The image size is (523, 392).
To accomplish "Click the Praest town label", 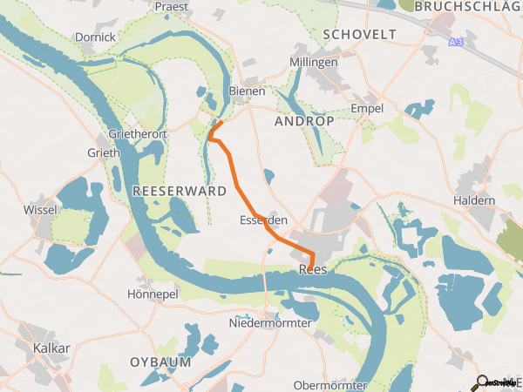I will pyautogui.click(x=172, y=6).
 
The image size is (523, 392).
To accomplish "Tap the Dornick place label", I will pyautogui.click(x=96, y=37).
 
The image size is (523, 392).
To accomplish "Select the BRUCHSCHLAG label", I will pyautogui.click(x=467, y=6).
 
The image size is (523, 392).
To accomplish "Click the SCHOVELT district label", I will pyautogui.click(x=359, y=34).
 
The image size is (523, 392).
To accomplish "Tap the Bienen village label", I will pyautogui.click(x=247, y=91).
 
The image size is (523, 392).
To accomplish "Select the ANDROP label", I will pyautogui.click(x=304, y=122).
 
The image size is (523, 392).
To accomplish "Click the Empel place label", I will pyautogui.click(x=366, y=107).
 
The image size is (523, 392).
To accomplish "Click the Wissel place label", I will pyautogui.click(x=41, y=210).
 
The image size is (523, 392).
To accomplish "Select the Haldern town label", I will pyautogui.click(x=475, y=200).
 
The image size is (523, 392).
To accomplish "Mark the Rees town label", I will pyautogui.click(x=312, y=270).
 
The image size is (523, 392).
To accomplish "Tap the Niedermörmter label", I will pyautogui.click(x=269, y=324).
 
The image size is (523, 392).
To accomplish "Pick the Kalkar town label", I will pyautogui.click(x=51, y=348).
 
